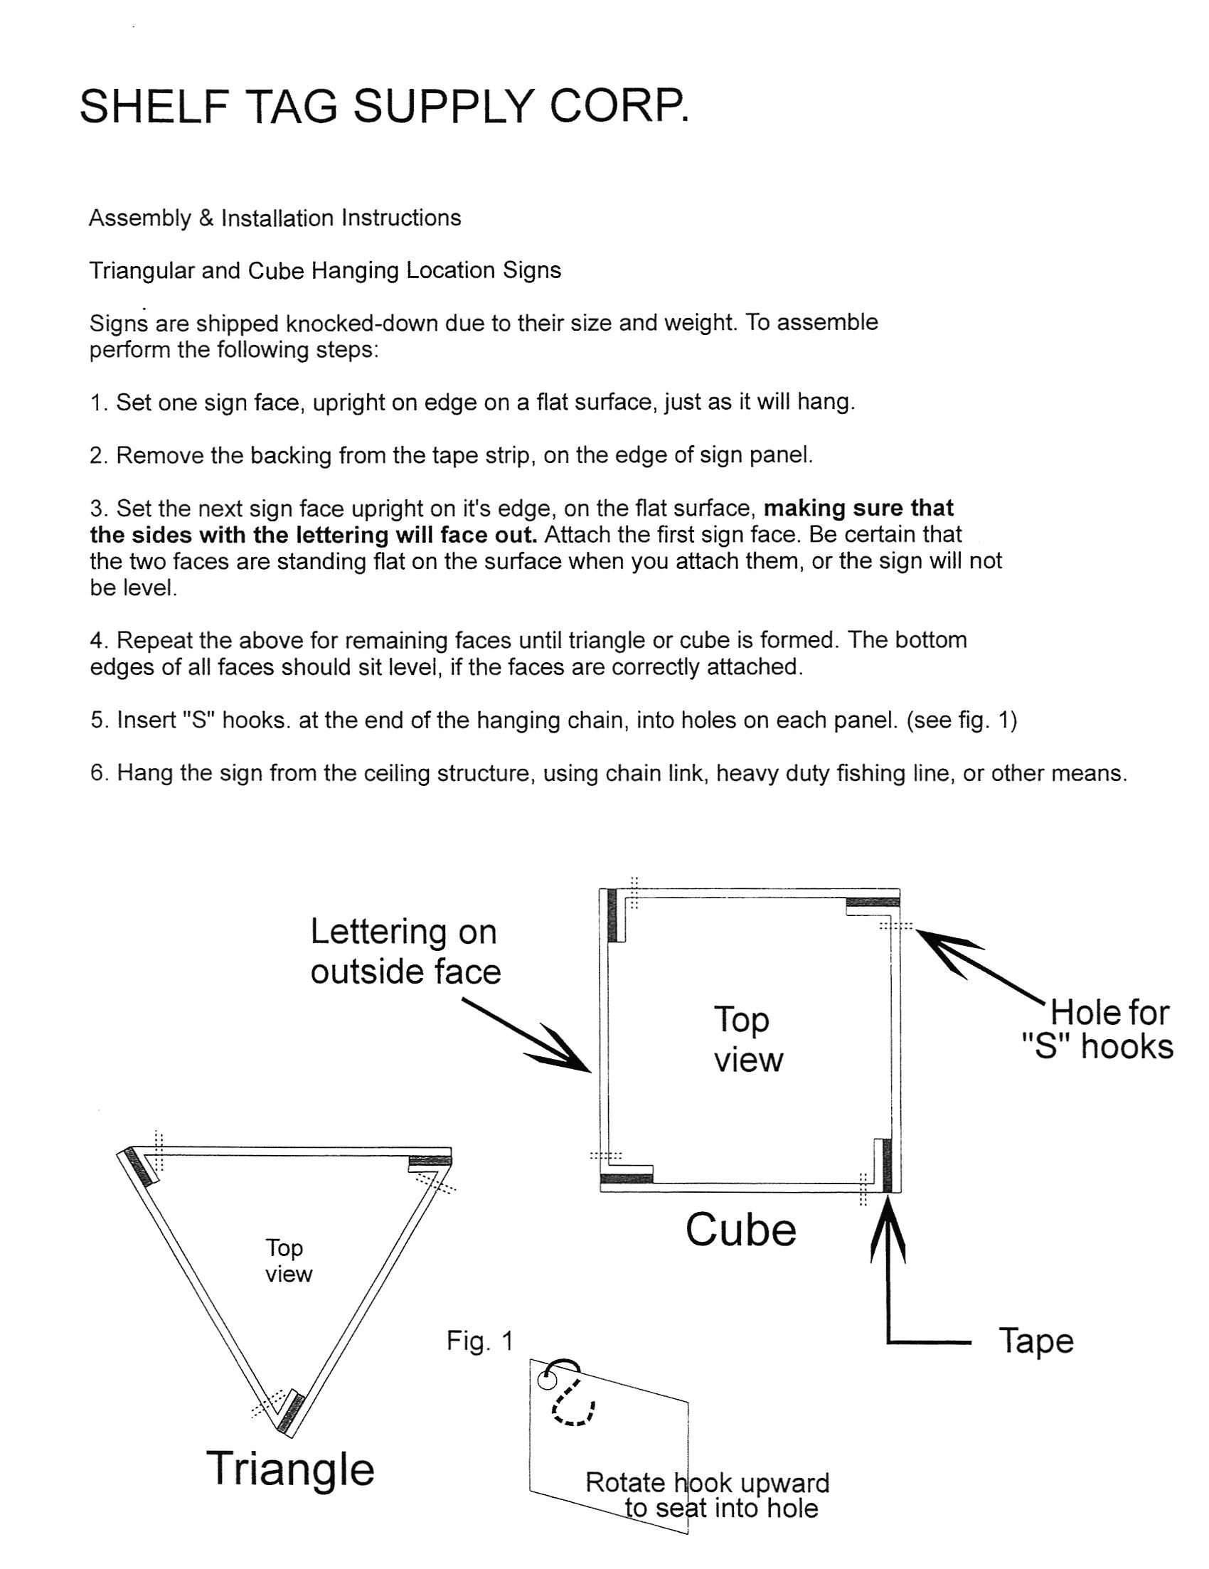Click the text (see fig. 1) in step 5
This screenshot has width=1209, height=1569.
point(962,720)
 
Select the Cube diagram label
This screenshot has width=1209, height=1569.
point(740,1230)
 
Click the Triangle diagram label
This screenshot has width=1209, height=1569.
point(291,1469)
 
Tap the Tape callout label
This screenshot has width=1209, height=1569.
point(1035,1341)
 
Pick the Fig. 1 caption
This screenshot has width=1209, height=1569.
point(479,1341)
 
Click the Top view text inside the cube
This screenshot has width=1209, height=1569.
point(747,1039)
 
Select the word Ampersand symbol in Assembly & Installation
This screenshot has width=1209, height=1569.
point(206,218)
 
